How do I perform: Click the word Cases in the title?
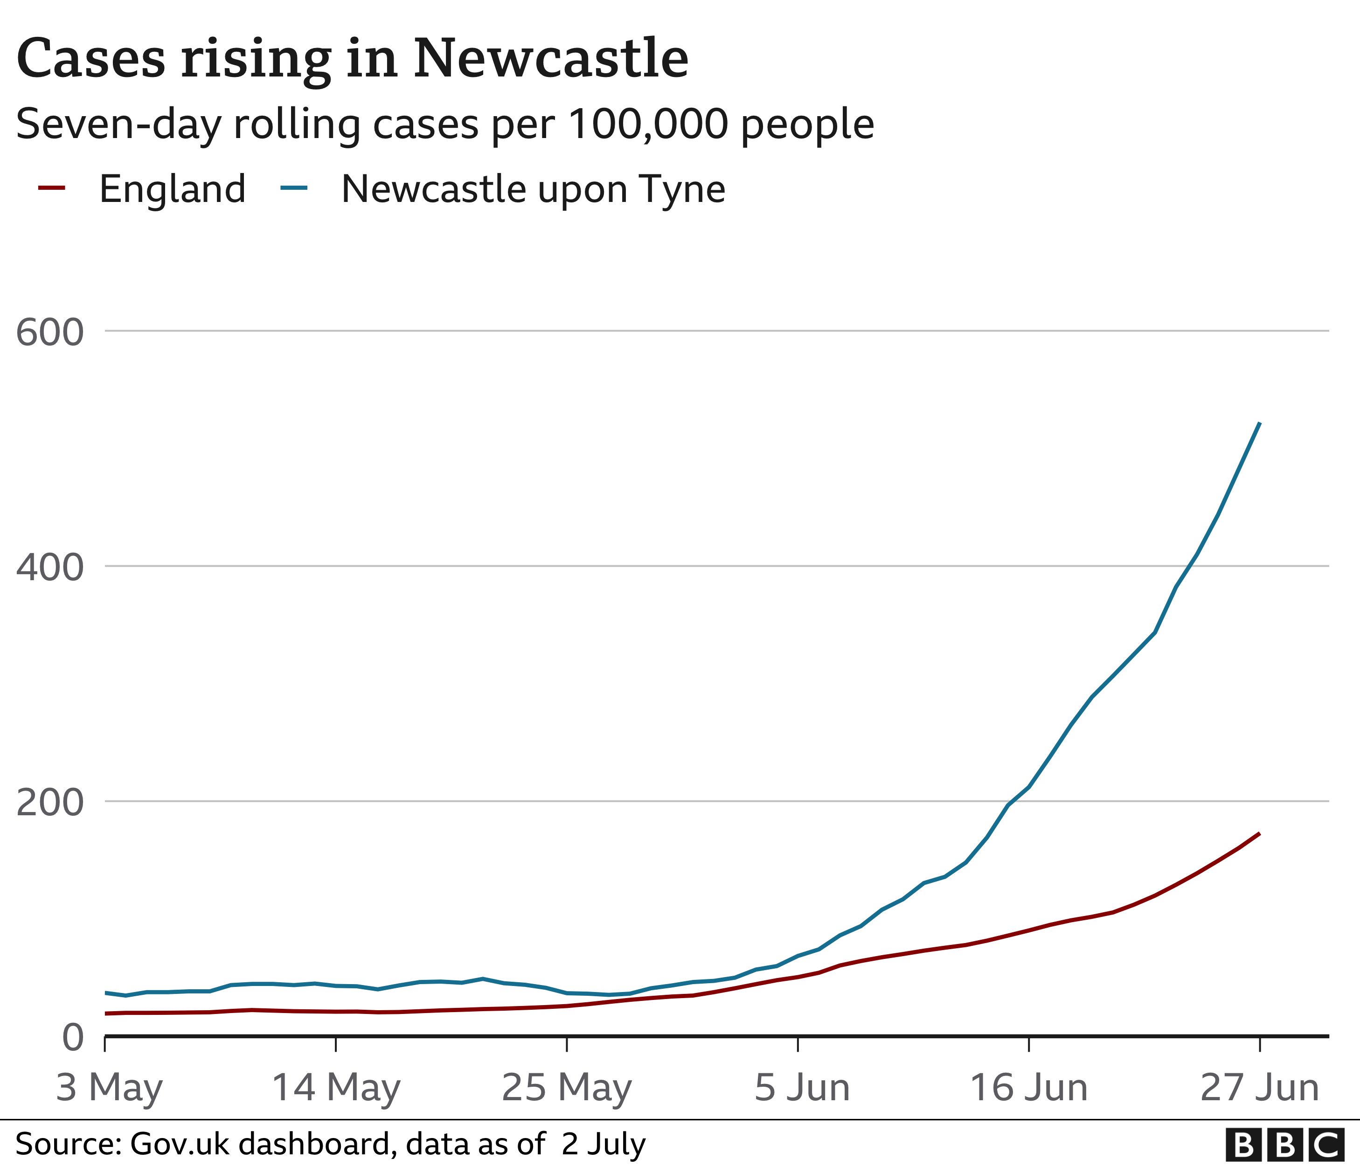[x=90, y=59]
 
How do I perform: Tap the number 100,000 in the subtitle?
[x=648, y=124]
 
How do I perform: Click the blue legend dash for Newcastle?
[x=293, y=188]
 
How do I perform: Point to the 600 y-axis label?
[x=50, y=332]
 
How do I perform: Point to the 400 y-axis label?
[x=50, y=567]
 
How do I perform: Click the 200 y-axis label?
[x=50, y=802]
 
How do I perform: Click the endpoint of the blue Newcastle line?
[x=1259, y=423]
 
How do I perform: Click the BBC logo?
[x=1284, y=1145]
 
